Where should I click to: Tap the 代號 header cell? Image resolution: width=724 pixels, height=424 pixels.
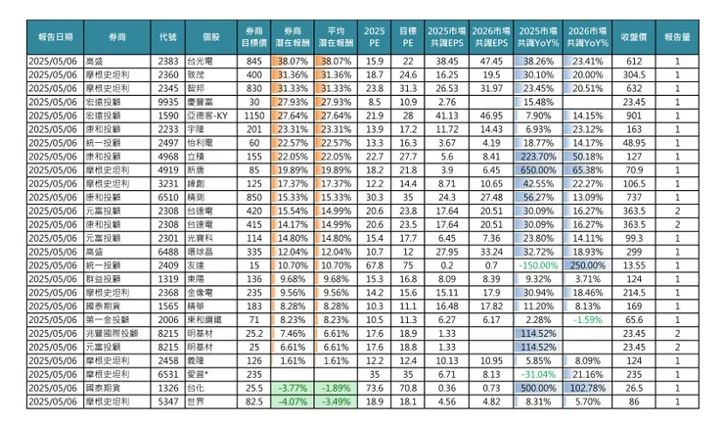pyautogui.click(x=167, y=36)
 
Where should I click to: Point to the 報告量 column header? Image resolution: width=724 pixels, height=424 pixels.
pyautogui.click(x=677, y=36)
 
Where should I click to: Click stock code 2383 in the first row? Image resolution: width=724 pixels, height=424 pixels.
pyautogui.click(x=167, y=61)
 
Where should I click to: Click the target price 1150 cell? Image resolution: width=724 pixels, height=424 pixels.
pyautogui.click(x=253, y=115)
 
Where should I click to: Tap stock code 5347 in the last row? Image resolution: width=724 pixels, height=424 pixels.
pyautogui.click(x=167, y=400)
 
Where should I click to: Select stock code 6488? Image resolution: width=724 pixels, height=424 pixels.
pyautogui.click(x=167, y=251)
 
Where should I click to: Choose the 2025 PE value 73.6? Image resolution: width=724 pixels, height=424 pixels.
pyautogui.click(x=373, y=387)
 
